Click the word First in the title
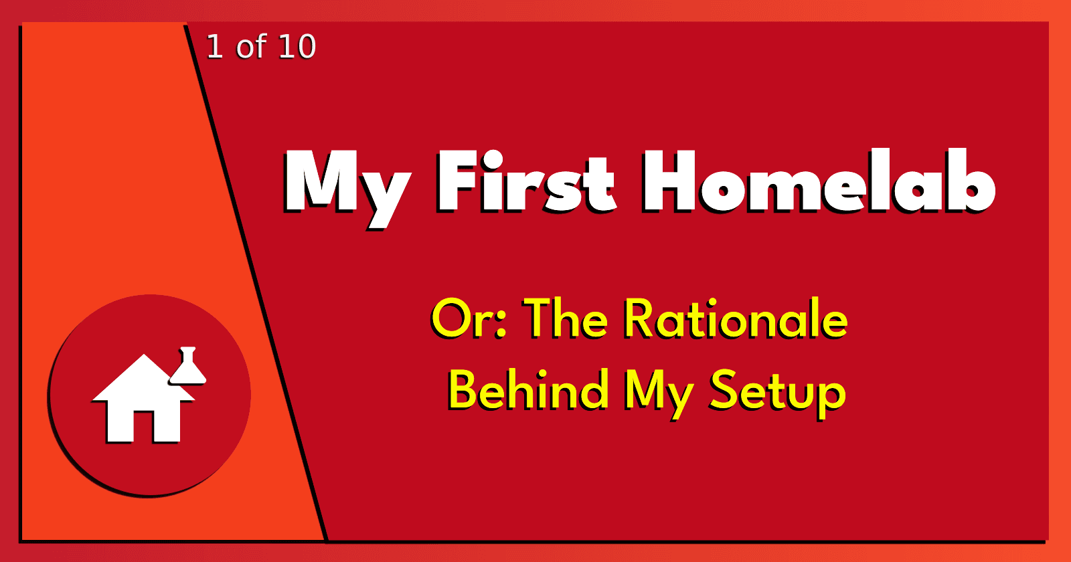point(526,181)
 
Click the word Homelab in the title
point(819,180)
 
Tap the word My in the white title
point(347,188)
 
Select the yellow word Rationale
point(736,318)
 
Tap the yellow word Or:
point(469,318)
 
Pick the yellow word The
point(566,318)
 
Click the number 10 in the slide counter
point(297,47)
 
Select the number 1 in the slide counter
point(215,47)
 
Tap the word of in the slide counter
point(251,46)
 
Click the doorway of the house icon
point(143,426)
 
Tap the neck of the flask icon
point(188,355)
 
